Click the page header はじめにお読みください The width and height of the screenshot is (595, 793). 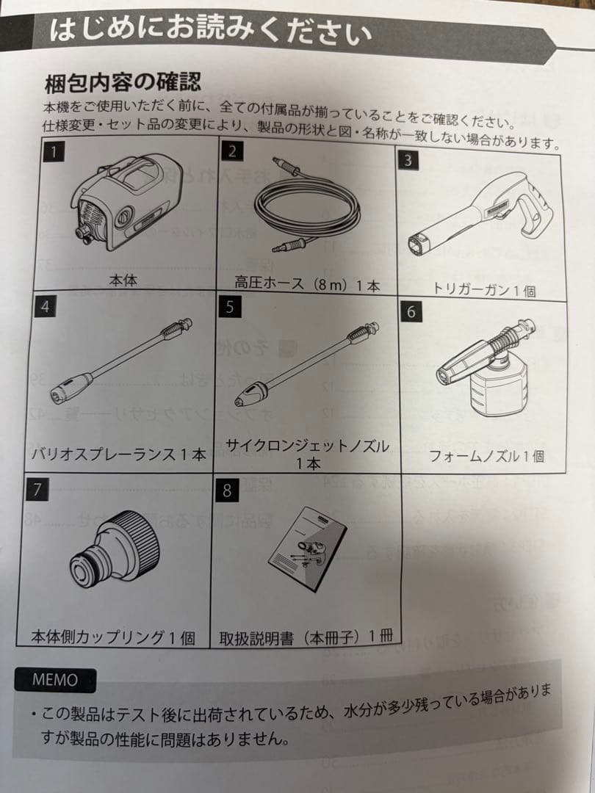click(210, 31)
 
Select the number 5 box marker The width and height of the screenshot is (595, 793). click(230, 307)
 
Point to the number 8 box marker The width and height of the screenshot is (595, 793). click(226, 490)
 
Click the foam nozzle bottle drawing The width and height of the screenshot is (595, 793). click(488, 372)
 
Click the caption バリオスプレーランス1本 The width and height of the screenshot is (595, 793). click(118, 454)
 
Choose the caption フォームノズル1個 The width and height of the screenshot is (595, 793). click(487, 456)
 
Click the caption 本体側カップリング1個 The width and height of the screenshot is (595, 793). click(114, 637)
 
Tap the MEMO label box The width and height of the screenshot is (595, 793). click(55, 679)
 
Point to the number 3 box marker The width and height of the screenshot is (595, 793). click(408, 162)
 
